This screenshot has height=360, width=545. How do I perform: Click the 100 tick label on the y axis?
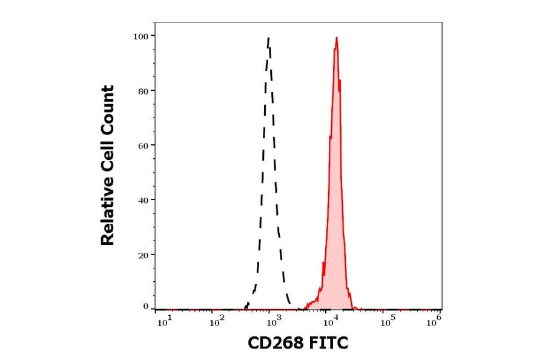pos(140,36)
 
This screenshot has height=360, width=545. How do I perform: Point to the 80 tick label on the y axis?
pos(143,91)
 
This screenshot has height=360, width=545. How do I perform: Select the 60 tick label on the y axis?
pos(143,145)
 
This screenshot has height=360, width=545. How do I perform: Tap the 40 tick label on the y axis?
pos(143,200)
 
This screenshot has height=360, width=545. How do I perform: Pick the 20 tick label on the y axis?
pos(143,255)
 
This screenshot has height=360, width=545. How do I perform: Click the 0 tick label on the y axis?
pos(145,307)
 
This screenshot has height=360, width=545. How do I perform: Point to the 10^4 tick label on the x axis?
pos(329,322)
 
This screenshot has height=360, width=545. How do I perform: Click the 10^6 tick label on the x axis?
pos(434,322)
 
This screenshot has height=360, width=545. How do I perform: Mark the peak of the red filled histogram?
pos(336,38)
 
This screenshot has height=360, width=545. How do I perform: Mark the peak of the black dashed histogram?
pos(268,38)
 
